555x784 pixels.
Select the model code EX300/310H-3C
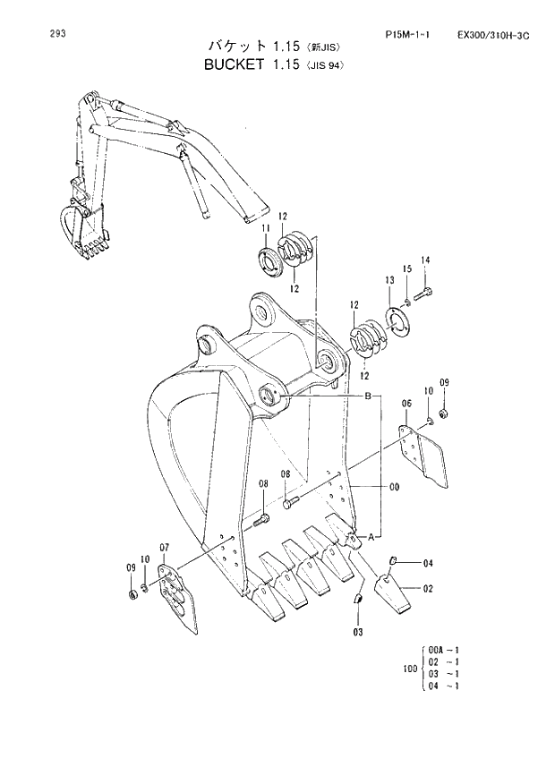pos(492,36)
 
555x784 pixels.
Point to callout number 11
pos(266,231)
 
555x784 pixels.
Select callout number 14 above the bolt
pos(425,260)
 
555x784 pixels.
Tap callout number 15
pos(406,269)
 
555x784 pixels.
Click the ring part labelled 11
pos(271,265)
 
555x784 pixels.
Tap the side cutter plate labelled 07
pos(177,598)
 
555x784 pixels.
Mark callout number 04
pos(428,563)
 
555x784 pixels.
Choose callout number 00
pos(394,487)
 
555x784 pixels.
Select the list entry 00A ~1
pos(444,649)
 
